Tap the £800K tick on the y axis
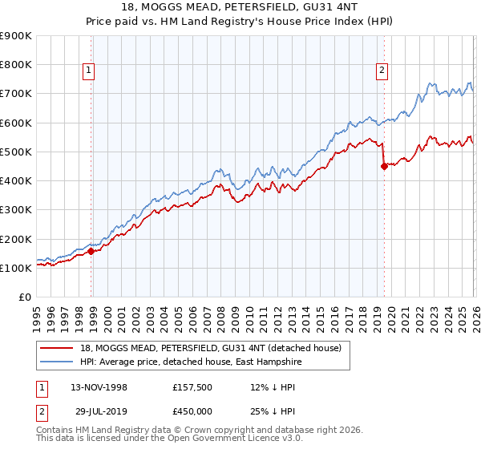click(x=16, y=65)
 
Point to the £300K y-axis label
click(x=16, y=210)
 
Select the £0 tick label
click(x=25, y=297)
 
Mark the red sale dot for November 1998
click(x=91, y=251)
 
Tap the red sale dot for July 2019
click(x=384, y=166)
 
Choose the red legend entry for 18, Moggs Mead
click(x=210, y=348)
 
